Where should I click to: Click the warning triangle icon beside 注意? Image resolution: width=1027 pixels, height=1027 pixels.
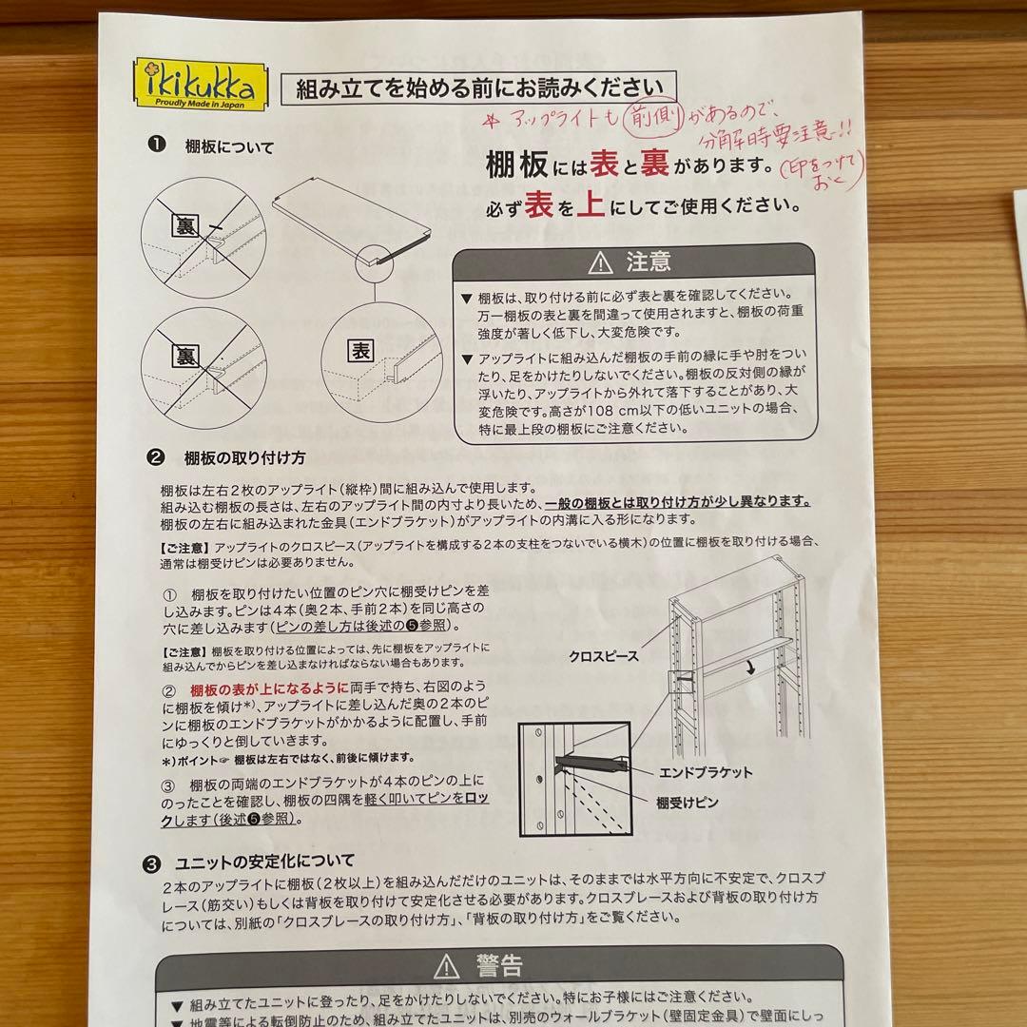600,262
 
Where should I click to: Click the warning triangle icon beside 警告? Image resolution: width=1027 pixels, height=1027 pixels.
446,968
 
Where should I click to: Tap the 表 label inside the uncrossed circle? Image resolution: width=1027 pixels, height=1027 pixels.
362,351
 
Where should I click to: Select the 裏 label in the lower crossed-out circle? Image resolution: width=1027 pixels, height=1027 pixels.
183,356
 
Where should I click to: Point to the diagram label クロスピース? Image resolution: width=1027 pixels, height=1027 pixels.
604,656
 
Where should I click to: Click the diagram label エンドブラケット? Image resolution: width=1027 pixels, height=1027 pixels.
705,772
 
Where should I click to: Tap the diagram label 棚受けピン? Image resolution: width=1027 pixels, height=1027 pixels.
687,803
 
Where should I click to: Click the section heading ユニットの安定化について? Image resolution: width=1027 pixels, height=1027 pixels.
264,863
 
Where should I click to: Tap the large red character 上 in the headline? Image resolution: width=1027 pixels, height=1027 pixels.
591,204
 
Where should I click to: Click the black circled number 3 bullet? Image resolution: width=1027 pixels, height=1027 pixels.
151,864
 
